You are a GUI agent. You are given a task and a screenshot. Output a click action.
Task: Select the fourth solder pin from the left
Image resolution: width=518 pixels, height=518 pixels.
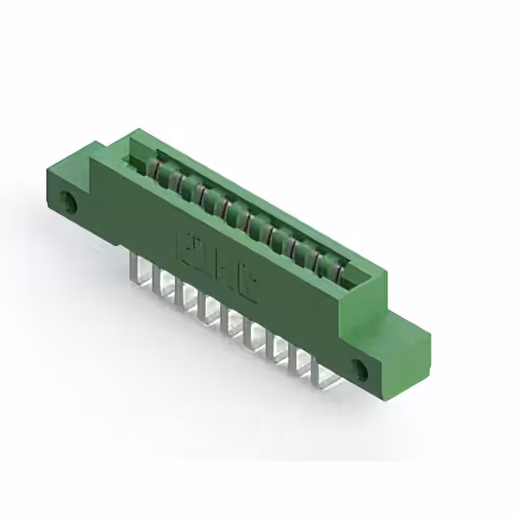tap(202, 305)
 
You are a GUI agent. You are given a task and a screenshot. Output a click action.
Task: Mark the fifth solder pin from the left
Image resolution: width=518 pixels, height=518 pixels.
tap(226, 320)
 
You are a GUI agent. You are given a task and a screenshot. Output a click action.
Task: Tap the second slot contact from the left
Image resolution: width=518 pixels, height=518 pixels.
tap(170, 179)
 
